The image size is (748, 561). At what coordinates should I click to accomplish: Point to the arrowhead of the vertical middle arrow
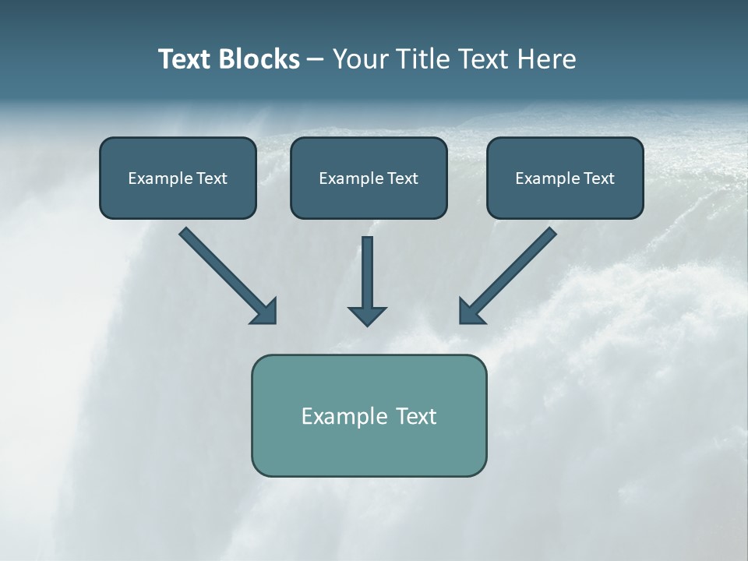(x=367, y=316)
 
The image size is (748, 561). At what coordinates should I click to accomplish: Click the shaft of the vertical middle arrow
(x=367, y=269)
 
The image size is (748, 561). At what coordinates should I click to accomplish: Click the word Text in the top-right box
(x=598, y=178)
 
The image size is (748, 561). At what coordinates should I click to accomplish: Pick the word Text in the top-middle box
(x=402, y=178)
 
